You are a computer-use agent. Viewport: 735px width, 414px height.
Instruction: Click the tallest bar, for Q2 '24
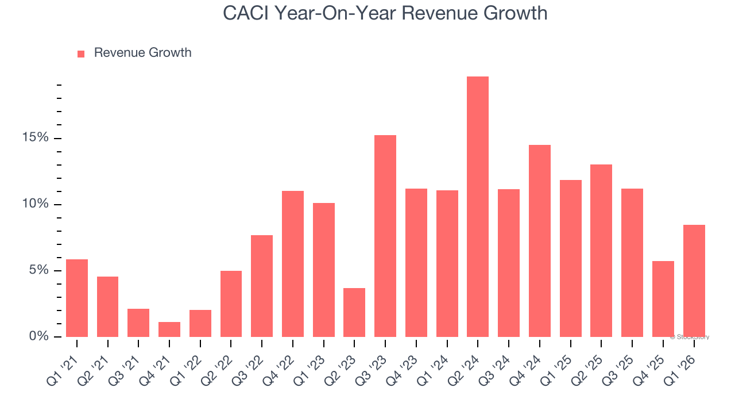point(478,207)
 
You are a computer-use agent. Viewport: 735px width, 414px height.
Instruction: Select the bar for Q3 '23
point(385,236)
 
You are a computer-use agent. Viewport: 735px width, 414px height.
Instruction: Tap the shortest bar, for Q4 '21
point(169,329)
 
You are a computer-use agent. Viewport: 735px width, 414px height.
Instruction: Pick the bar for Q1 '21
point(77,298)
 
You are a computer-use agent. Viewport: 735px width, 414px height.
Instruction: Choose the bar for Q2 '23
point(354,312)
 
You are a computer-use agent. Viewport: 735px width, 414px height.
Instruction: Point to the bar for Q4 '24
point(540,241)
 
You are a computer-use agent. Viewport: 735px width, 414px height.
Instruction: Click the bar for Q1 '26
point(694,281)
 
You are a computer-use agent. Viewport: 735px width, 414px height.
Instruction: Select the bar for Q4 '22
point(293,264)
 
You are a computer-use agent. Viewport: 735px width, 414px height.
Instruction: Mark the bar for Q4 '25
point(663,299)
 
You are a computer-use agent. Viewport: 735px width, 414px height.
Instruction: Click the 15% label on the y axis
point(36,138)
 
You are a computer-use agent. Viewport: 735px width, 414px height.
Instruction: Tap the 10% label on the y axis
point(36,205)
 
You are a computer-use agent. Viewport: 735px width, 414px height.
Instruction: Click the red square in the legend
point(81,53)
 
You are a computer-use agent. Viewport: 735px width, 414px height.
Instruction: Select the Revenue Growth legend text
point(142,53)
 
